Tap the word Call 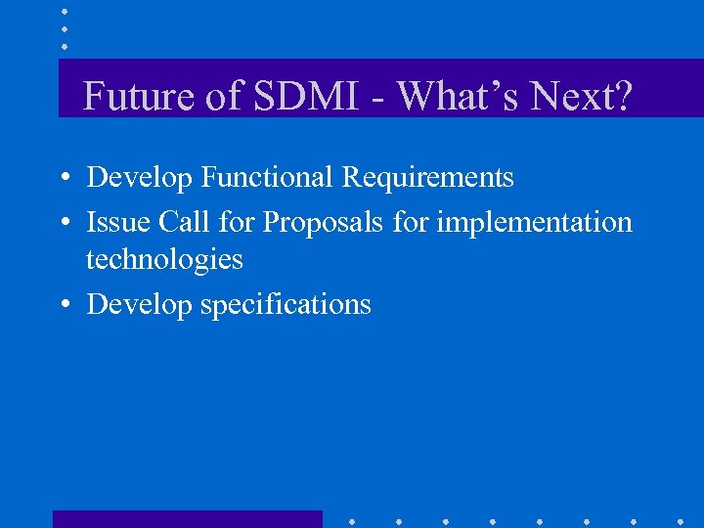click(x=184, y=222)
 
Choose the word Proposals click(x=323, y=223)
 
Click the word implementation click(x=534, y=223)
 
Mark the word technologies click(x=164, y=259)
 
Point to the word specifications click(x=286, y=305)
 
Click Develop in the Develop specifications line click(x=140, y=305)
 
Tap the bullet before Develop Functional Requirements click(x=62, y=179)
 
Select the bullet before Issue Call click(x=62, y=224)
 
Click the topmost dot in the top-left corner click(x=65, y=11)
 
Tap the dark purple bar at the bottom click(x=187, y=519)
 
